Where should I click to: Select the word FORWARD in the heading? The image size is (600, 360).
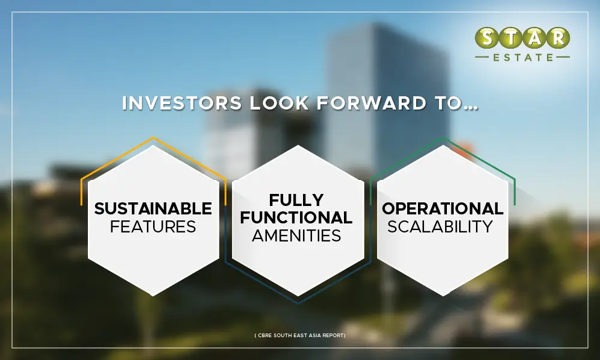[x=371, y=103]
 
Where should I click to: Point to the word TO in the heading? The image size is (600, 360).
[x=449, y=103]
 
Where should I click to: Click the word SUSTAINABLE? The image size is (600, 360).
[x=153, y=209]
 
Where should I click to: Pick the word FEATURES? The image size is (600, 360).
[x=153, y=227]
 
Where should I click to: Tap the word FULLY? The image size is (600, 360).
[x=297, y=200]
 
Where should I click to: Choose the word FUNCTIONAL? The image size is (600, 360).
[x=296, y=218]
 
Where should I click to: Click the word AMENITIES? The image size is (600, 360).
[x=297, y=236]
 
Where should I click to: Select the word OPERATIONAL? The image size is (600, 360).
[x=443, y=209]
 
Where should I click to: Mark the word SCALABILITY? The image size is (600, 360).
[x=441, y=227]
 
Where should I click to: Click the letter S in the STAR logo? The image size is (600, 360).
[x=487, y=38]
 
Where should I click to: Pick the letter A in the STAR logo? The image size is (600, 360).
[x=534, y=38]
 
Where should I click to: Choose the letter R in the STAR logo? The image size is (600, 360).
[x=558, y=38]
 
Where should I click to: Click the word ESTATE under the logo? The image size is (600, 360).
[x=523, y=58]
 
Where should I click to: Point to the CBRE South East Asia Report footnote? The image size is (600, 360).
[x=300, y=335]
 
